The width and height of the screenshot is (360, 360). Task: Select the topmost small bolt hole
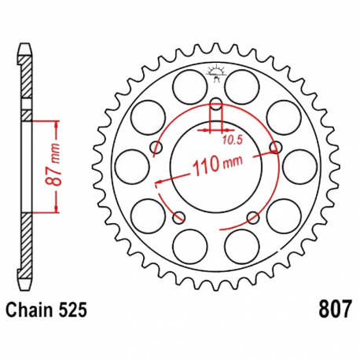(215, 103)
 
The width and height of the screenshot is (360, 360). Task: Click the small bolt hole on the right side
(275, 147)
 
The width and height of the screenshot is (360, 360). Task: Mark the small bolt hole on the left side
(155, 147)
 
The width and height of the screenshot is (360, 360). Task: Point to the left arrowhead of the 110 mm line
(160, 180)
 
